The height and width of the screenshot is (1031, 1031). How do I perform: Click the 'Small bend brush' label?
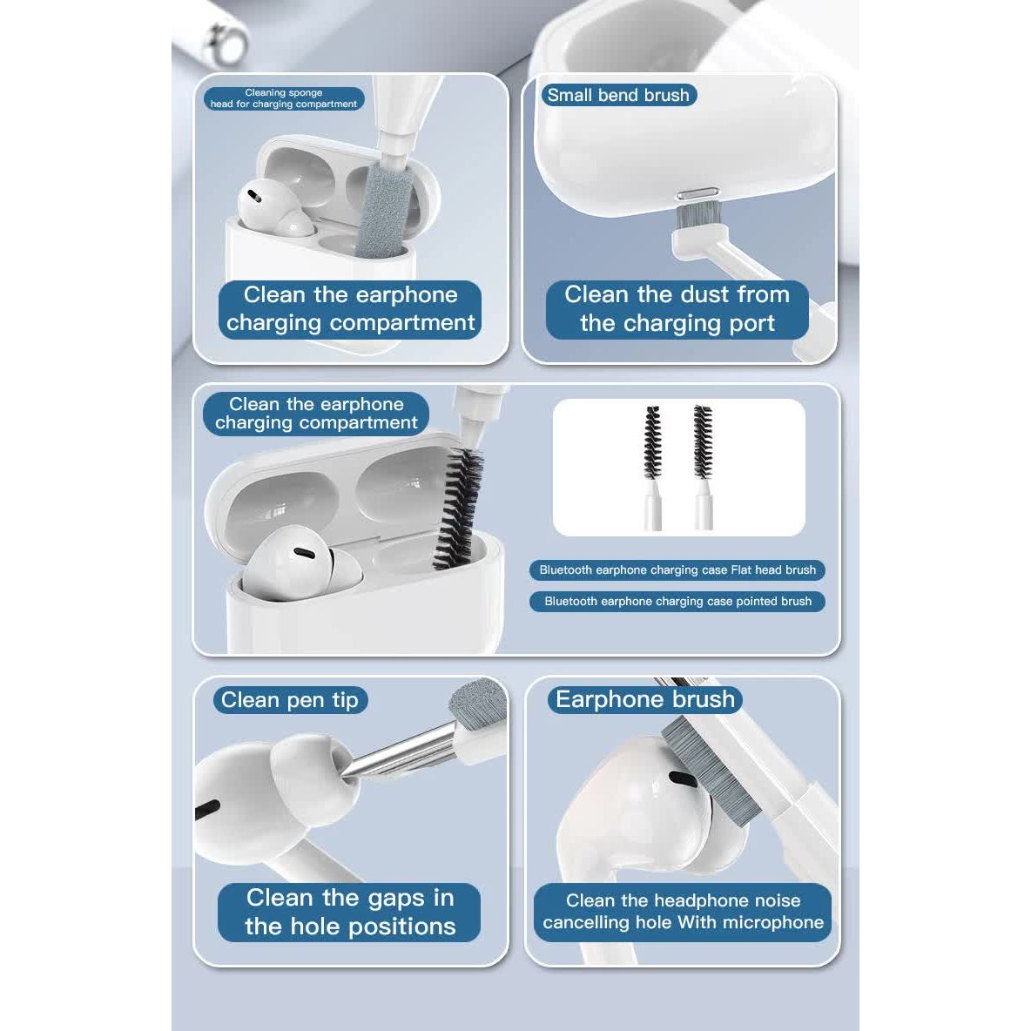tap(618, 95)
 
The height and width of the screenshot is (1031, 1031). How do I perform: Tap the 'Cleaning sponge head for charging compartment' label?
tap(283, 98)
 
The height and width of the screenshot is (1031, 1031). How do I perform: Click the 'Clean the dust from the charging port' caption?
tap(677, 309)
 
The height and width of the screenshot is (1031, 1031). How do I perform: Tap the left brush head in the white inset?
tap(651, 441)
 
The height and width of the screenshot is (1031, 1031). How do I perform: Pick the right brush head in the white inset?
tap(703, 441)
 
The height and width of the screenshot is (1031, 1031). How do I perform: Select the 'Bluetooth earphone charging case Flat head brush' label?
tap(677, 570)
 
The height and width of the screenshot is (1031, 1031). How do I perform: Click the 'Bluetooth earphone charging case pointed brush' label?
tap(677, 601)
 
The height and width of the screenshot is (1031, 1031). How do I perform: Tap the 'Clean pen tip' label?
tap(290, 700)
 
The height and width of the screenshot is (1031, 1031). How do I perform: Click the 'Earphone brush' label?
tap(645, 699)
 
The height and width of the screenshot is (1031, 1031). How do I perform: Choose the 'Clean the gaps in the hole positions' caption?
tap(349, 912)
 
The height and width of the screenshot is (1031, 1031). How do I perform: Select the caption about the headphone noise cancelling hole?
tap(683, 912)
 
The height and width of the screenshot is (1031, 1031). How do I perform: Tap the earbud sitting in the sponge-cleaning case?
tap(273, 208)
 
